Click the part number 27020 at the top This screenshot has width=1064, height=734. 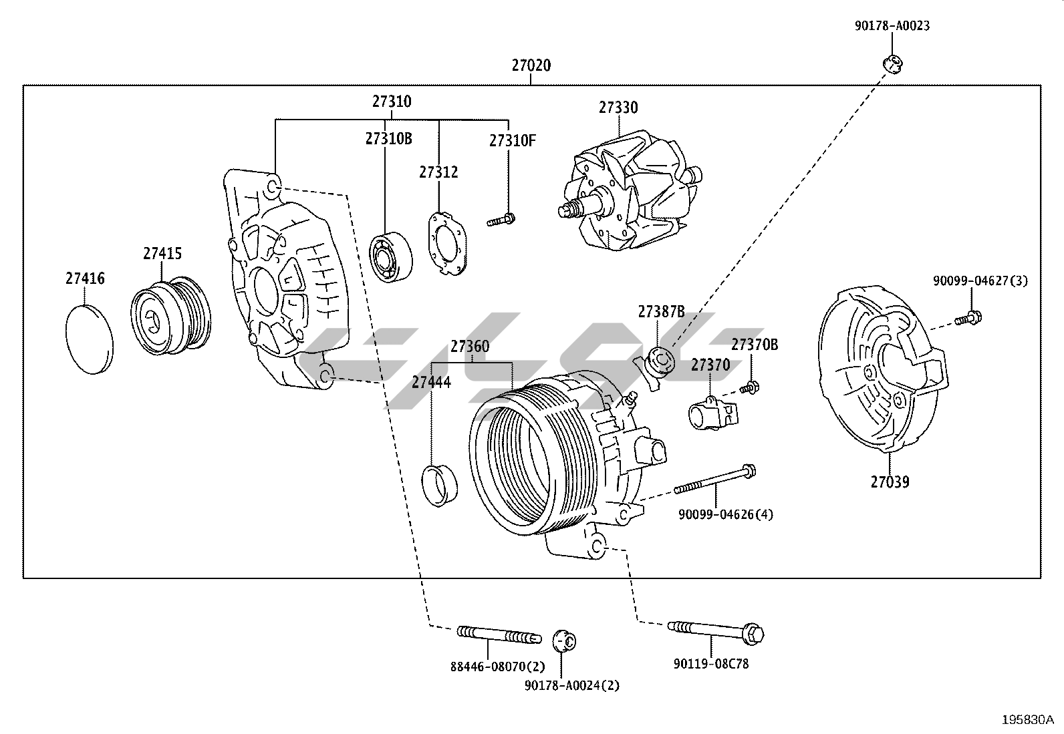tap(531, 65)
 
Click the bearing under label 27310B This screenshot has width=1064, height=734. tap(391, 256)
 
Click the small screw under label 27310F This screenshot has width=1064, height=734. tap(501, 220)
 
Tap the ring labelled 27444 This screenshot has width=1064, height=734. tap(440, 483)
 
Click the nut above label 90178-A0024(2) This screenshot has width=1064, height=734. tap(565, 641)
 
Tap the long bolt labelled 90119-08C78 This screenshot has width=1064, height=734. tap(716, 630)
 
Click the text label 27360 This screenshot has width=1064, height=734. tap(469, 347)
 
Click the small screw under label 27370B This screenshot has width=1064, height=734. tap(750, 387)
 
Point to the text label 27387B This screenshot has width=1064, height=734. tap(660, 311)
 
